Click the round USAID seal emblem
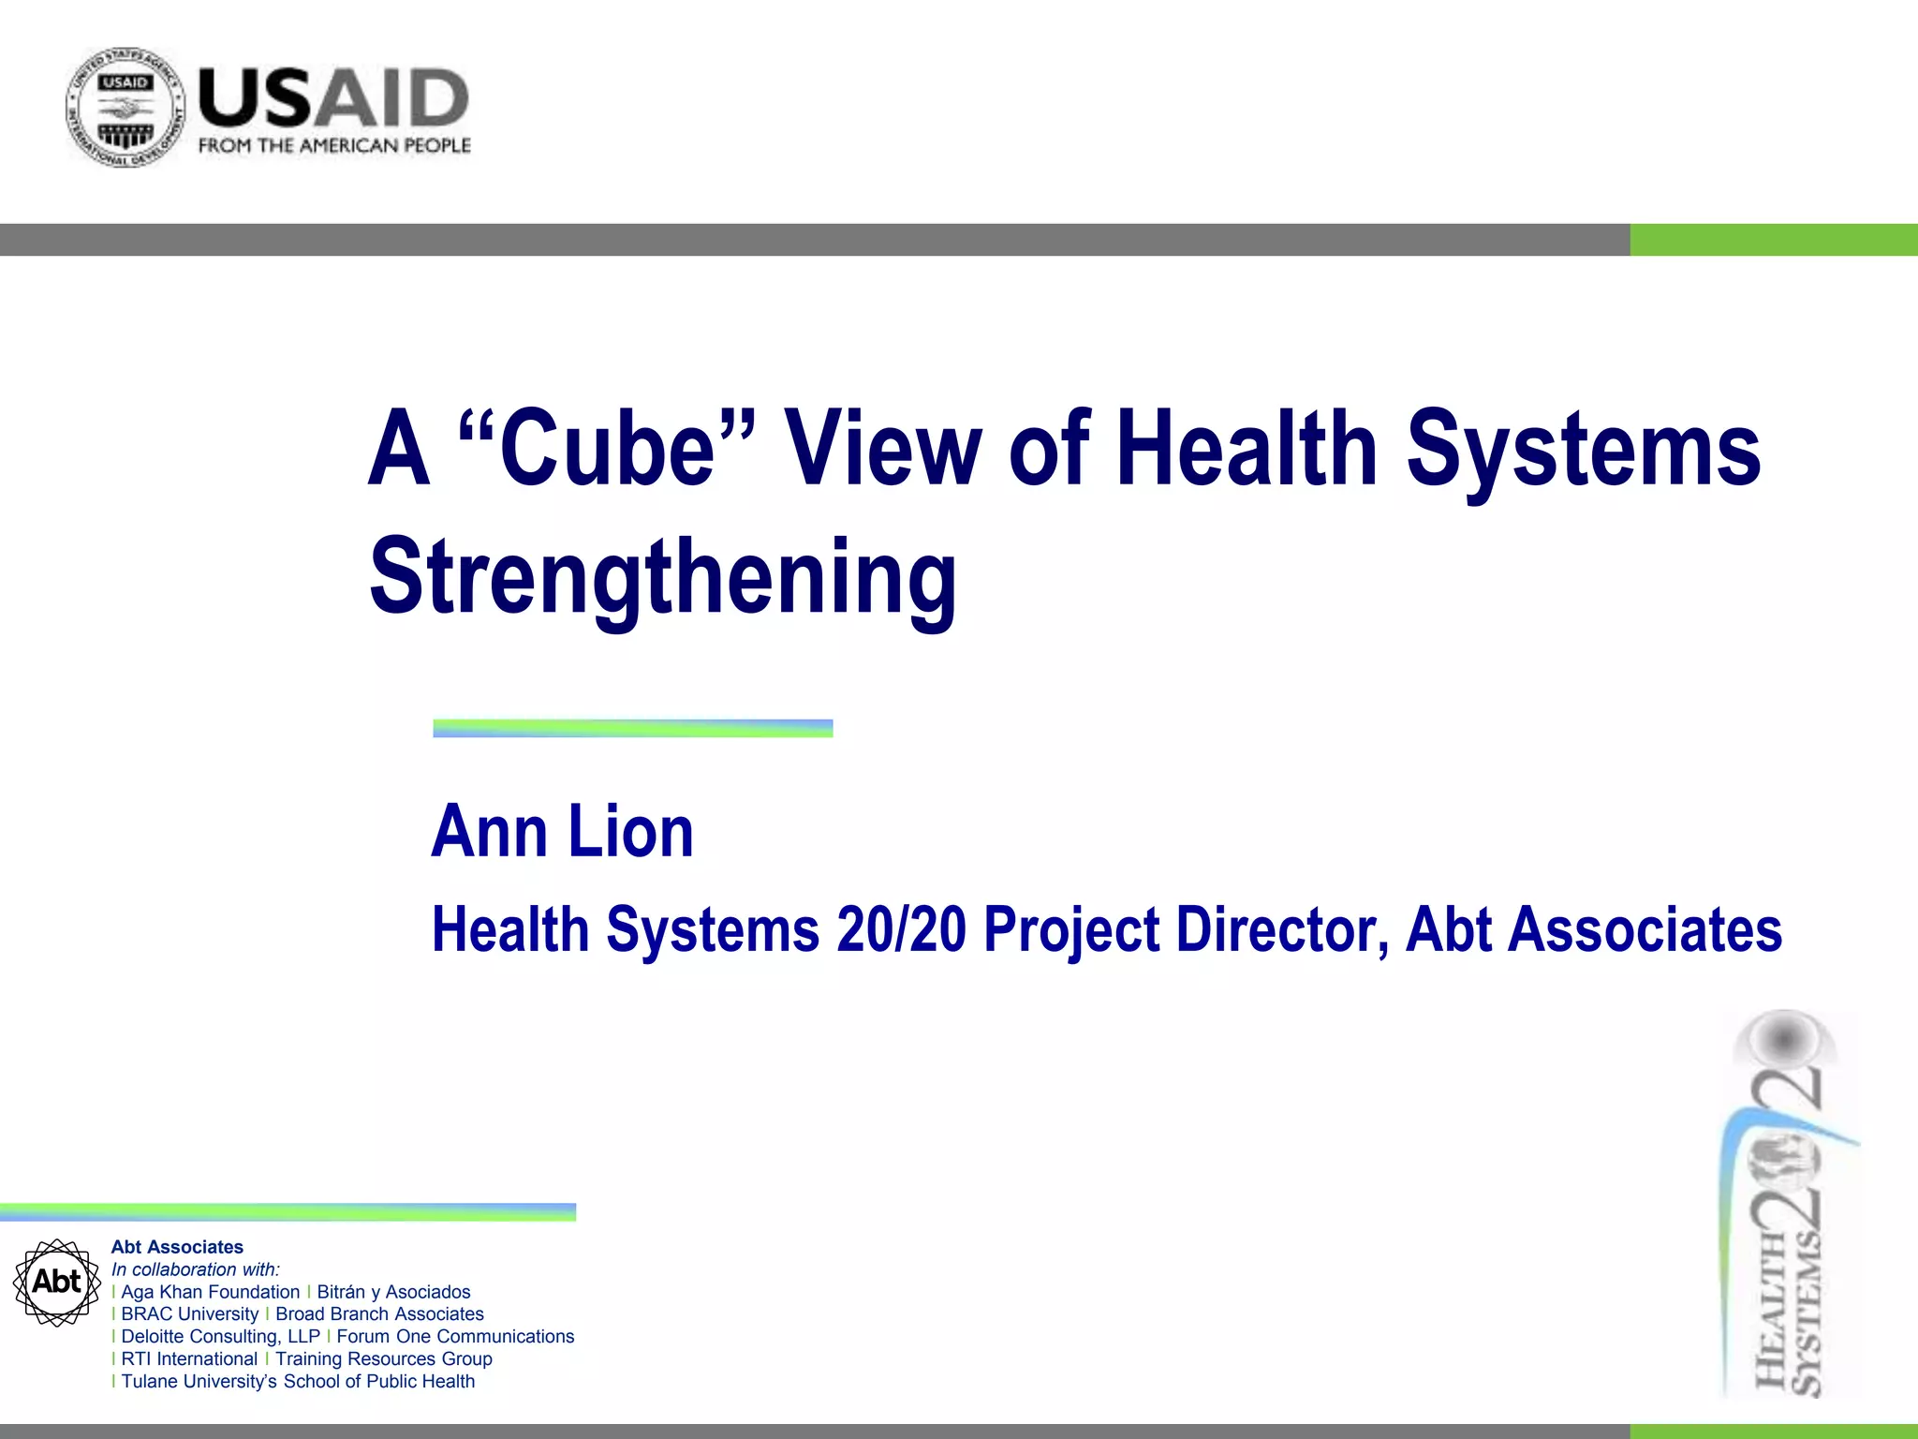pos(125,108)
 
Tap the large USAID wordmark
pos(333,97)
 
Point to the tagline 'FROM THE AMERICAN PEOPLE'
pos(334,146)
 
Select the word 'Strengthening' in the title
pos(663,577)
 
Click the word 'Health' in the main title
pos(1246,448)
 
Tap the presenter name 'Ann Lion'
pos(562,831)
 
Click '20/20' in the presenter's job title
pos(901,929)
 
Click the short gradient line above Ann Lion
pos(632,728)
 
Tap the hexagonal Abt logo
pos(57,1282)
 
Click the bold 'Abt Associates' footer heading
pos(177,1247)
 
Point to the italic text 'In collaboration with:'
pos(196,1269)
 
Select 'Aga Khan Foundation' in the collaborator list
pos(211,1292)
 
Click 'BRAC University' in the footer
pos(189,1314)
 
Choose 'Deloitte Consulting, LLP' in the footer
pos(220,1337)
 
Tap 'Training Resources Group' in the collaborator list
pos(383,1358)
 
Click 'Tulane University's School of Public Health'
pos(298,1381)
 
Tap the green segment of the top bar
pos(1773,240)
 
